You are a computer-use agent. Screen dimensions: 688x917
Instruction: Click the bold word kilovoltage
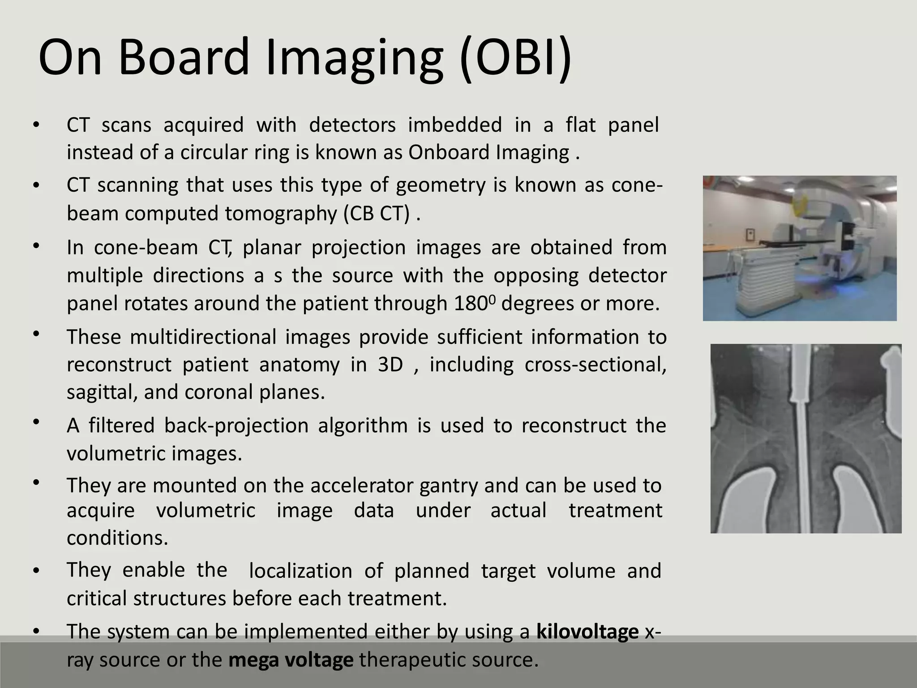[x=587, y=632]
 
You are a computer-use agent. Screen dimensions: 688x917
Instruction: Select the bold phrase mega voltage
[x=291, y=660]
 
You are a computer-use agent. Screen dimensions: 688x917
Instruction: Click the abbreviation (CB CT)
[x=377, y=214]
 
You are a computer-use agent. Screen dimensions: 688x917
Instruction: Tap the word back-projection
[x=236, y=426]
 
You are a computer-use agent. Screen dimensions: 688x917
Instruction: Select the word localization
[x=300, y=571]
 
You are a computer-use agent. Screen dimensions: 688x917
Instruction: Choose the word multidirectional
[x=203, y=337]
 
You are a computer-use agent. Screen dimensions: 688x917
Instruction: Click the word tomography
[x=281, y=214]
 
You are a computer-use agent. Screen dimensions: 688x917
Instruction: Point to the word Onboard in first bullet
[x=450, y=153]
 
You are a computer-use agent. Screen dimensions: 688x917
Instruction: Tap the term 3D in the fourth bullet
[x=390, y=365]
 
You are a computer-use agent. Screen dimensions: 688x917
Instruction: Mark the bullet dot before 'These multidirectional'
[x=36, y=334]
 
